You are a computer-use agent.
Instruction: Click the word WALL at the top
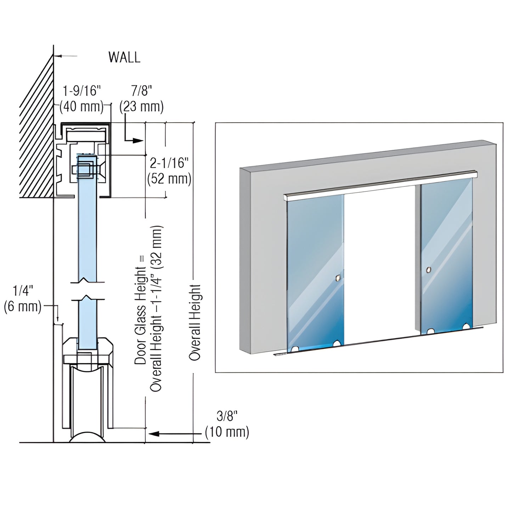(124, 57)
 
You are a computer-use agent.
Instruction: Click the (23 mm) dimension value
(141, 106)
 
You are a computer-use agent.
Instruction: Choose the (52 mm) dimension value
(169, 179)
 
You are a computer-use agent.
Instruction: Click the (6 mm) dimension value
(23, 306)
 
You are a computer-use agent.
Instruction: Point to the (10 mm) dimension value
(227, 432)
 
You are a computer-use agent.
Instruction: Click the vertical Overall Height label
(195, 322)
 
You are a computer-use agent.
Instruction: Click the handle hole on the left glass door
(339, 277)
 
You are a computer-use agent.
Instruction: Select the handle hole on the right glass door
(429, 270)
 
